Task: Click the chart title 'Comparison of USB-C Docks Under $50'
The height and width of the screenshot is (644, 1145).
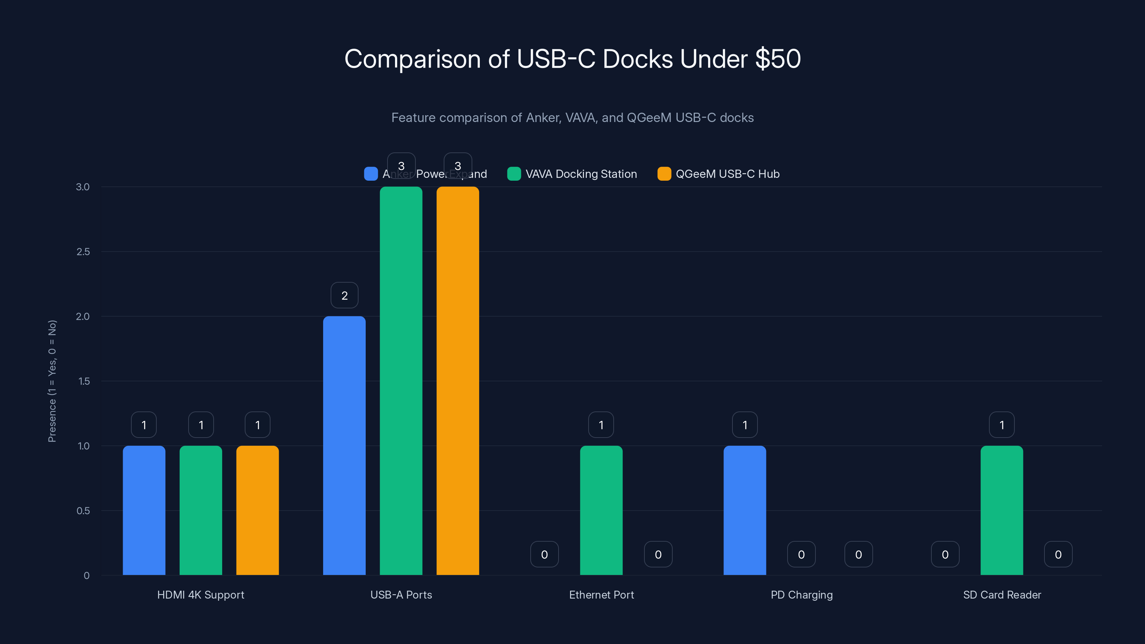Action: click(x=572, y=59)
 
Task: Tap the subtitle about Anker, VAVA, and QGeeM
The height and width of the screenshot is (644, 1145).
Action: click(x=572, y=118)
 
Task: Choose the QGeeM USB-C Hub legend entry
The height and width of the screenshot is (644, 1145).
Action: click(x=719, y=174)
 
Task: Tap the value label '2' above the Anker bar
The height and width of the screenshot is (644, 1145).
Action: click(x=345, y=296)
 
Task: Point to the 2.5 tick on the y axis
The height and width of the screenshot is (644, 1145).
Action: click(x=83, y=252)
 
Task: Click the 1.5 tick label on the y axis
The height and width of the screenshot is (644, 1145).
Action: click(x=84, y=381)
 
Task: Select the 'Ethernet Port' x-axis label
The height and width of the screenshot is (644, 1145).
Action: click(x=601, y=595)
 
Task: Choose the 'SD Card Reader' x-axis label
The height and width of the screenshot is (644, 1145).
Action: click(x=1002, y=595)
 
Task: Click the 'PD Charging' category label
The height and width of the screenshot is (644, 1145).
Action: click(x=801, y=595)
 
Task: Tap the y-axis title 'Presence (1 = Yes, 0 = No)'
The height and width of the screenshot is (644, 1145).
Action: click(x=52, y=381)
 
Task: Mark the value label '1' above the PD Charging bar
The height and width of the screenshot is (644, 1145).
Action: click(x=745, y=425)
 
